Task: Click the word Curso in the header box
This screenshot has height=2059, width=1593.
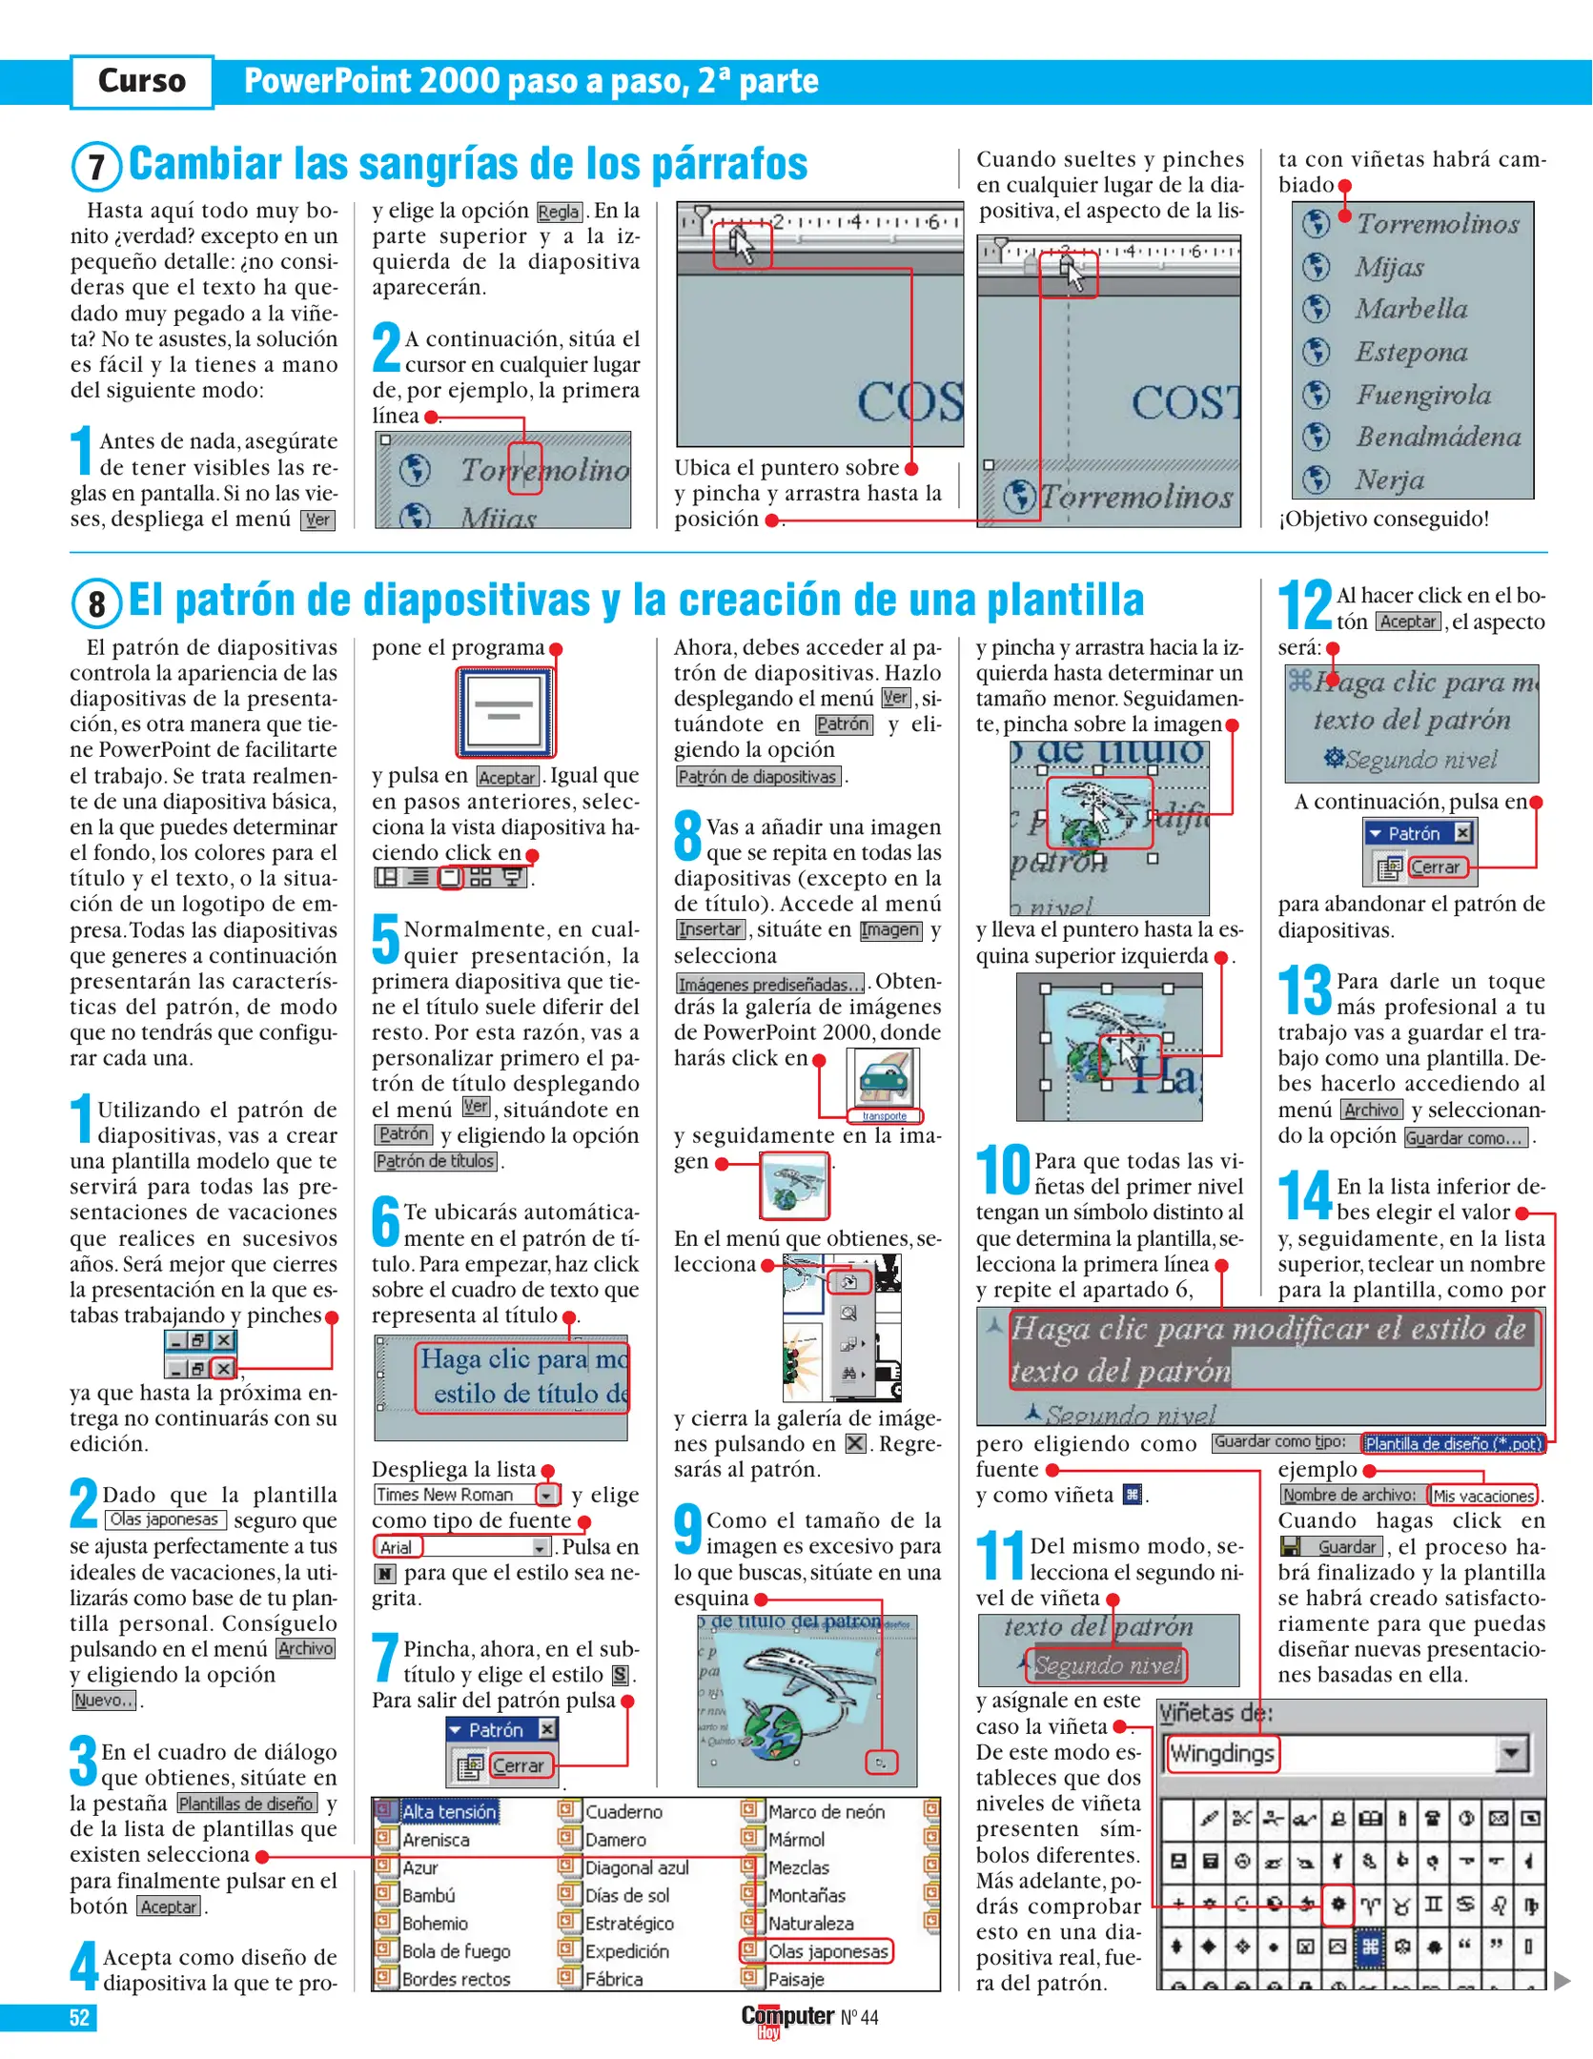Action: coord(142,81)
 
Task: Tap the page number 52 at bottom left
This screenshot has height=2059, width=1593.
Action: coord(79,2017)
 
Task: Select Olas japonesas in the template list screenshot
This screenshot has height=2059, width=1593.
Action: coord(827,1951)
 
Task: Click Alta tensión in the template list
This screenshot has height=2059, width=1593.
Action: coord(448,1811)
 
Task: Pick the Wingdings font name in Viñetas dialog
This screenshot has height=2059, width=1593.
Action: coord(1222,1753)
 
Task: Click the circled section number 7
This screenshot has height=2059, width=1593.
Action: coord(96,167)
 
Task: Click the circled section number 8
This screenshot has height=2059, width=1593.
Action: coord(96,603)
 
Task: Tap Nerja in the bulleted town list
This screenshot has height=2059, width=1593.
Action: coord(1390,479)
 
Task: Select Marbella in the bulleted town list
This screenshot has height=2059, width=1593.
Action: coord(1411,309)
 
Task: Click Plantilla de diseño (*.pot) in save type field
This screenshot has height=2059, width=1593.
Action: coord(1452,1443)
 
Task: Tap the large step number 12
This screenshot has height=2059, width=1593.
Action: coord(1304,605)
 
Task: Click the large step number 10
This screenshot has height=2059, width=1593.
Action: coord(1003,1172)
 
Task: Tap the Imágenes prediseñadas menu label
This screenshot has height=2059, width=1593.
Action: coord(770,984)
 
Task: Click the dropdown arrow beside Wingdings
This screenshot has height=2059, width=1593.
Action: coord(1512,1753)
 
